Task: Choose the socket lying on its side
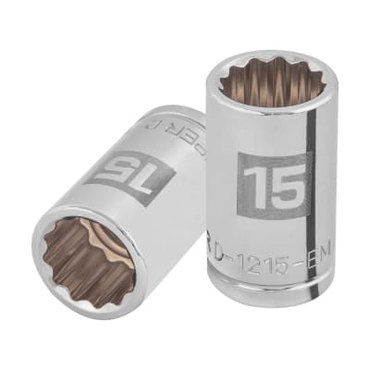(120, 203)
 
